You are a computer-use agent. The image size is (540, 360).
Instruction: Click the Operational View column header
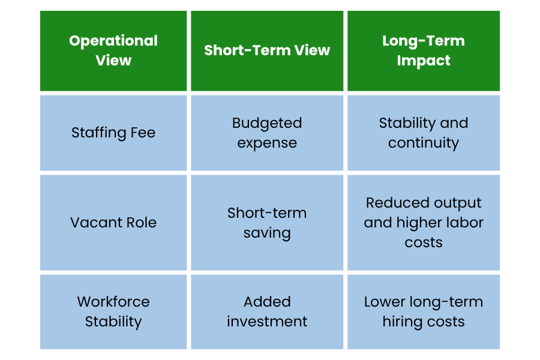[113, 50]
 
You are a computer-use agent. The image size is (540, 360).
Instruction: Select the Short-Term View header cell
[267, 50]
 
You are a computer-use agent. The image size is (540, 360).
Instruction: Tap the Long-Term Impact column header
[423, 50]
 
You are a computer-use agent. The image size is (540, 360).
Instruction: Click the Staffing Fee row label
[113, 133]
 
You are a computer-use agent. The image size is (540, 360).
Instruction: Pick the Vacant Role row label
[113, 223]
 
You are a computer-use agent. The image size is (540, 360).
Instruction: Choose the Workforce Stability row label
[113, 312]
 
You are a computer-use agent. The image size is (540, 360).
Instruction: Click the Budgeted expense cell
[267, 133]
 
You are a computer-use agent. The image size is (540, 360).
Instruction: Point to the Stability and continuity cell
[423, 133]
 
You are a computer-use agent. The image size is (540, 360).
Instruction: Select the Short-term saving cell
[267, 223]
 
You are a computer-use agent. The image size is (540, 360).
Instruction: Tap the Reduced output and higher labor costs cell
[423, 223]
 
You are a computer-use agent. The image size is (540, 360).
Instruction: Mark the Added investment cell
[267, 312]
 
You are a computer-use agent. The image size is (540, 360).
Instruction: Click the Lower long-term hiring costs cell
[423, 312]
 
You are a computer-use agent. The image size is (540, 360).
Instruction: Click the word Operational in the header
[113, 41]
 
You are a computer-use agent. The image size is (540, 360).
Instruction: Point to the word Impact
[423, 61]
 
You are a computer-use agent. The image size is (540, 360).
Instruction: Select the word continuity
[423, 143]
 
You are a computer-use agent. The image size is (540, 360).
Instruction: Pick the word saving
[267, 233]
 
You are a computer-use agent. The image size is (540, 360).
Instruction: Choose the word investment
[267, 322]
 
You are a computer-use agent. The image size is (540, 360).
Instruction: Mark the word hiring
[401, 322]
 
